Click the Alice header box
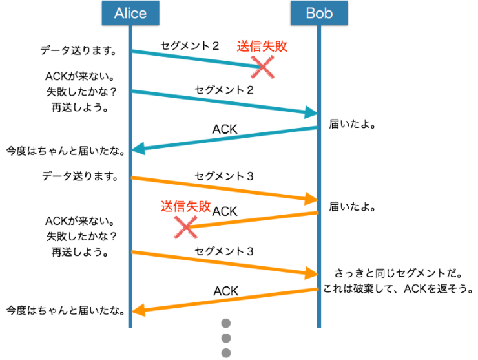tap(130, 13)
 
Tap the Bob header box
tap(318, 13)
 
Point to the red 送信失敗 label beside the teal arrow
tap(261, 47)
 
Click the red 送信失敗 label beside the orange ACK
tap(185, 207)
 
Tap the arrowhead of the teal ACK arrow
tap(138, 150)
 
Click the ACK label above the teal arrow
tap(225, 129)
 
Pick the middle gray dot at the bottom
tap(226, 337)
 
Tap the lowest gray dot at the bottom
tap(226, 352)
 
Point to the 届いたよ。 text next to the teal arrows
tap(353, 123)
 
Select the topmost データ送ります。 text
tap(78, 50)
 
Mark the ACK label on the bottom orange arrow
tap(226, 290)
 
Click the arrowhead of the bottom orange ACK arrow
tap(138, 311)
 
